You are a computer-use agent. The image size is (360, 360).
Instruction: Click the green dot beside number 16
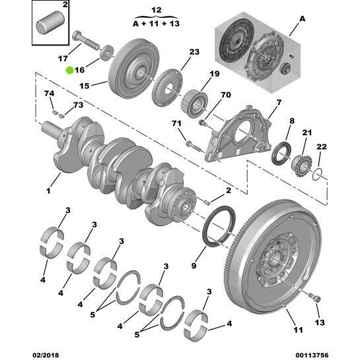point(69,69)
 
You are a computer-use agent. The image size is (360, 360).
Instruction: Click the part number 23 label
point(194,52)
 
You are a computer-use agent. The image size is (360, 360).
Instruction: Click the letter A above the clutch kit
point(303,19)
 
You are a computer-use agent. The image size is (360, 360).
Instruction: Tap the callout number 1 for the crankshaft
point(48,192)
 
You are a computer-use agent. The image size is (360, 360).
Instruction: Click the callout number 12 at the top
point(156,11)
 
